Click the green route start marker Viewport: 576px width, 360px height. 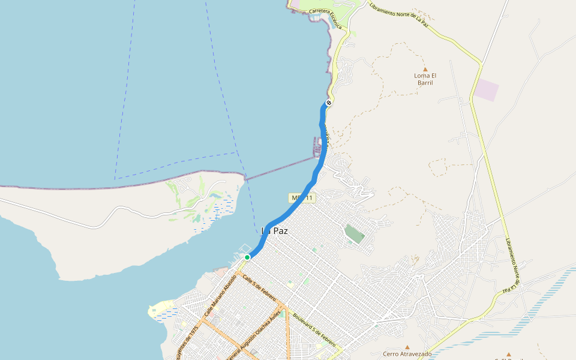[247, 257]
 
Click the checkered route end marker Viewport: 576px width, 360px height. [329, 103]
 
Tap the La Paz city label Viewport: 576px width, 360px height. [274, 230]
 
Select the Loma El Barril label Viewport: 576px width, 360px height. [425, 79]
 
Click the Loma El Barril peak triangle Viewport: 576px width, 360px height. [425, 69]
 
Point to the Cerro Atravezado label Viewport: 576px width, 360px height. [407, 354]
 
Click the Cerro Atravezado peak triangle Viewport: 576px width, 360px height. [407, 346]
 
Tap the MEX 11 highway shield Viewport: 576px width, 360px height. [301, 198]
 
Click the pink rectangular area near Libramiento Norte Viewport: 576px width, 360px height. [487, 90]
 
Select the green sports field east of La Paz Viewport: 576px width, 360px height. [354, 234]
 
